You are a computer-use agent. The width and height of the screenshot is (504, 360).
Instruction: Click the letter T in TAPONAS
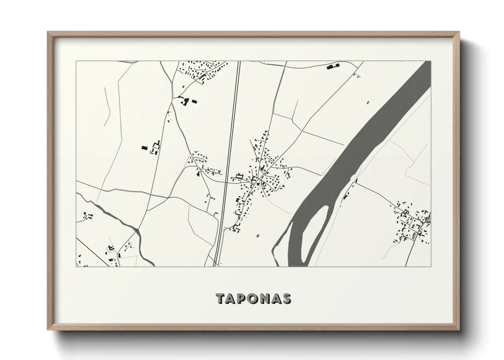221,298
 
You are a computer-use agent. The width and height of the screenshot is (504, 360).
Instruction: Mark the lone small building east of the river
367,102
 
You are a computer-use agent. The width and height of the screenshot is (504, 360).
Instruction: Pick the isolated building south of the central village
257,235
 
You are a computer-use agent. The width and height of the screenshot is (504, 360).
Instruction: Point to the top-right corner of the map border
430,61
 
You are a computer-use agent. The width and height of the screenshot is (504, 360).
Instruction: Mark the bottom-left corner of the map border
76,266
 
